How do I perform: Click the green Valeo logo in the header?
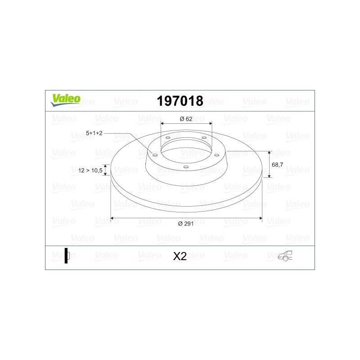65,100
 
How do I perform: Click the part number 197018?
180,101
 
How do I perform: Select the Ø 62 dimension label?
186,119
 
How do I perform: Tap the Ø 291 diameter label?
186,224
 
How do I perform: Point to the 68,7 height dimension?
277,165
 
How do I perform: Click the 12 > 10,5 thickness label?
90,171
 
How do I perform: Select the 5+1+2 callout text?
94,133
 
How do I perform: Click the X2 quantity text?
180,256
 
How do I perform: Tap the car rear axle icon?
285,256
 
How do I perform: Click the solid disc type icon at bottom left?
67,256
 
